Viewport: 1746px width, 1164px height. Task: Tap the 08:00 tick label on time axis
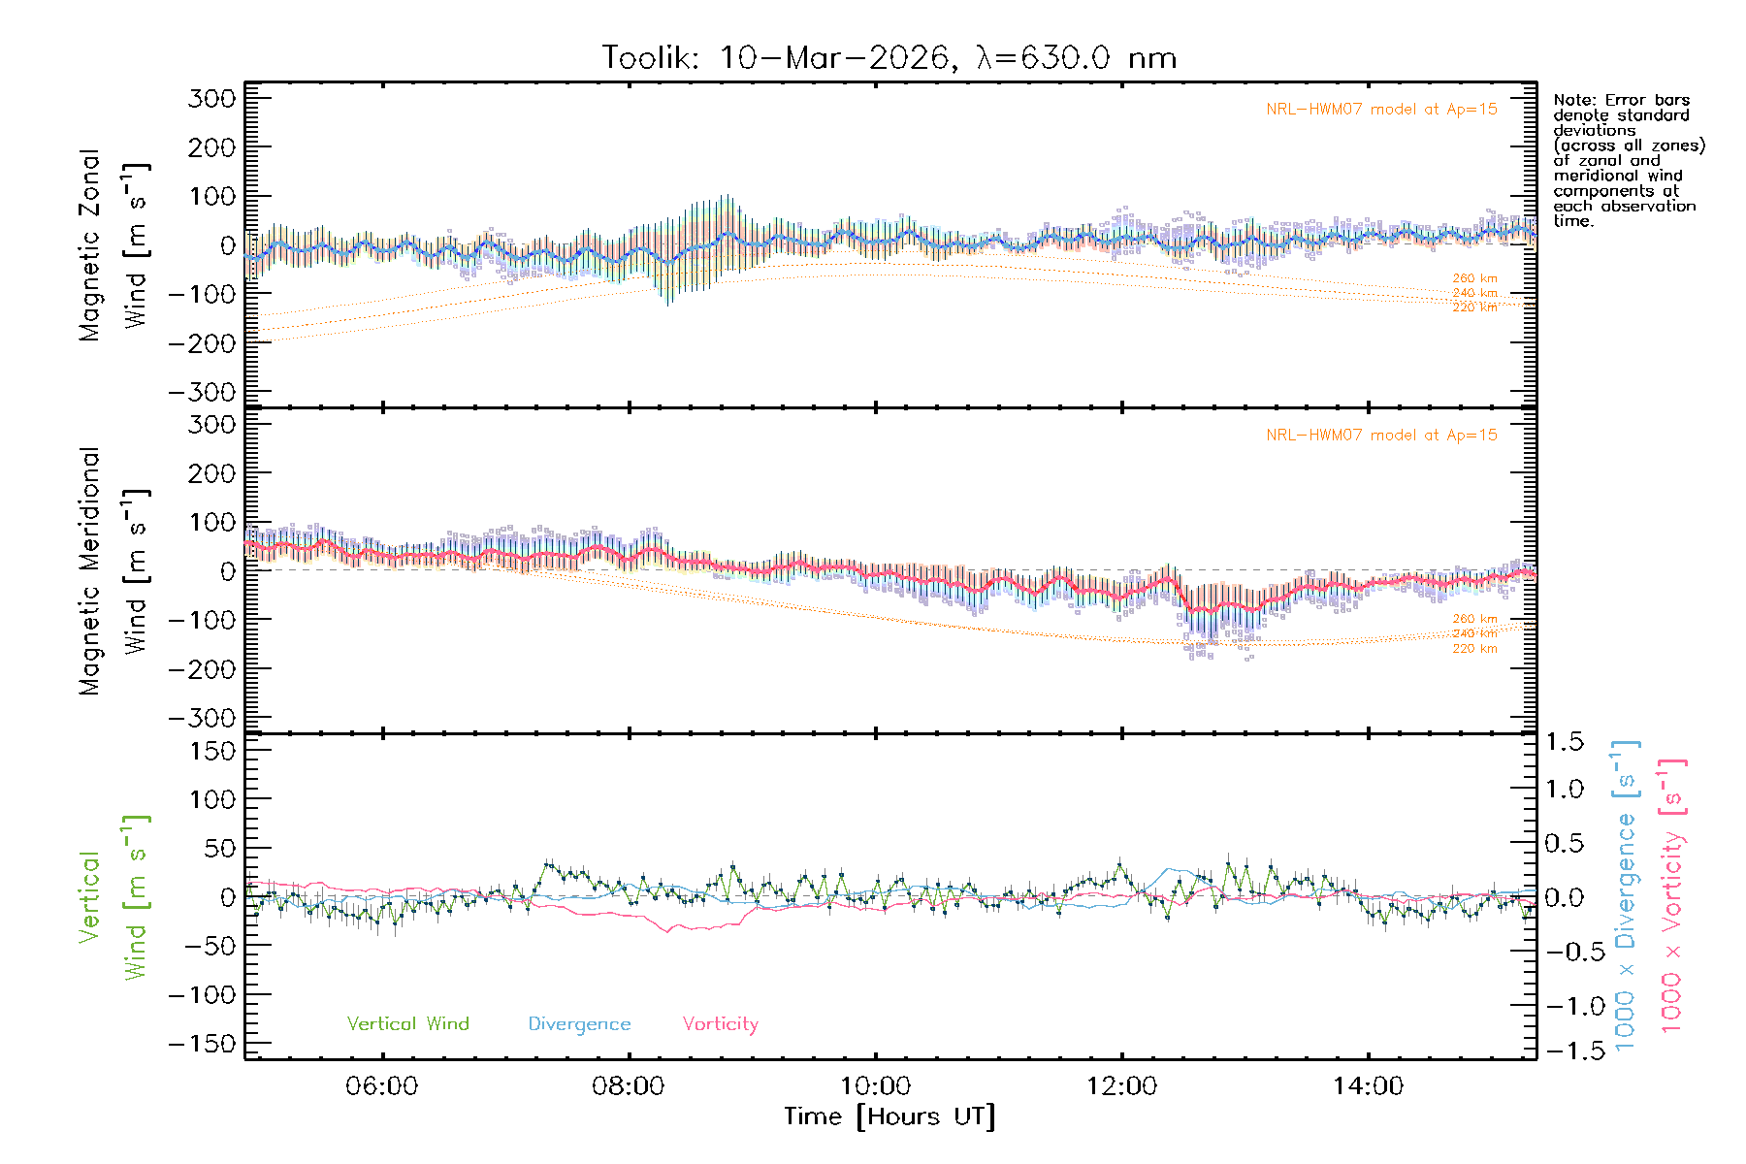coord(628,1085)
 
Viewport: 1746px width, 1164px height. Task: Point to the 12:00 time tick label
coord(1121,1085)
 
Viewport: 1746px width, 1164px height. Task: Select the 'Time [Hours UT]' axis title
coord(889,1116)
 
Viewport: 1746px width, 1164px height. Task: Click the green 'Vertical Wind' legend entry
coord(407,1023)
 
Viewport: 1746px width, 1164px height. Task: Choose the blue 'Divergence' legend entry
coord(579,1023)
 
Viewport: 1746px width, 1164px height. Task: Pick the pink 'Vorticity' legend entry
coord(720,1023)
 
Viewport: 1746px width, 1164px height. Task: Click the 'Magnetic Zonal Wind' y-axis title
coord(113,244)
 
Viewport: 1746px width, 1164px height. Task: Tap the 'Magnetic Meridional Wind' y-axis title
coord(113,570)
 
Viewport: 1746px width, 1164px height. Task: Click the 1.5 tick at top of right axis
coord(1564,742)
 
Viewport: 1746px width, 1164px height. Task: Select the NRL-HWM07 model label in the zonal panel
coord(1381,110)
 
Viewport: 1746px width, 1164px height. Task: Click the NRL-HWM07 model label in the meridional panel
coord(1381,436)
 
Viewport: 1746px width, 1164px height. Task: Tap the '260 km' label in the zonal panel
coord(1474,278)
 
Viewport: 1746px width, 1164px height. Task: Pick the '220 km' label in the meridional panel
coord(1474,649)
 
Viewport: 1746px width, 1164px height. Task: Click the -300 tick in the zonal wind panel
coord(202,392)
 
